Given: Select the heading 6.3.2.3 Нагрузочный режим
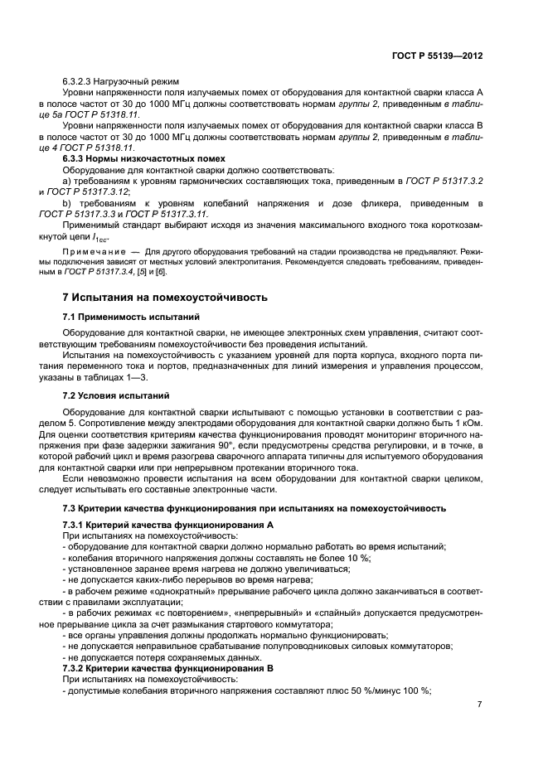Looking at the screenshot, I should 121,81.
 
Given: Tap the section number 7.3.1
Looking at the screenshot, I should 76,526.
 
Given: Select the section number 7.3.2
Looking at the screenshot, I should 76,667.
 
